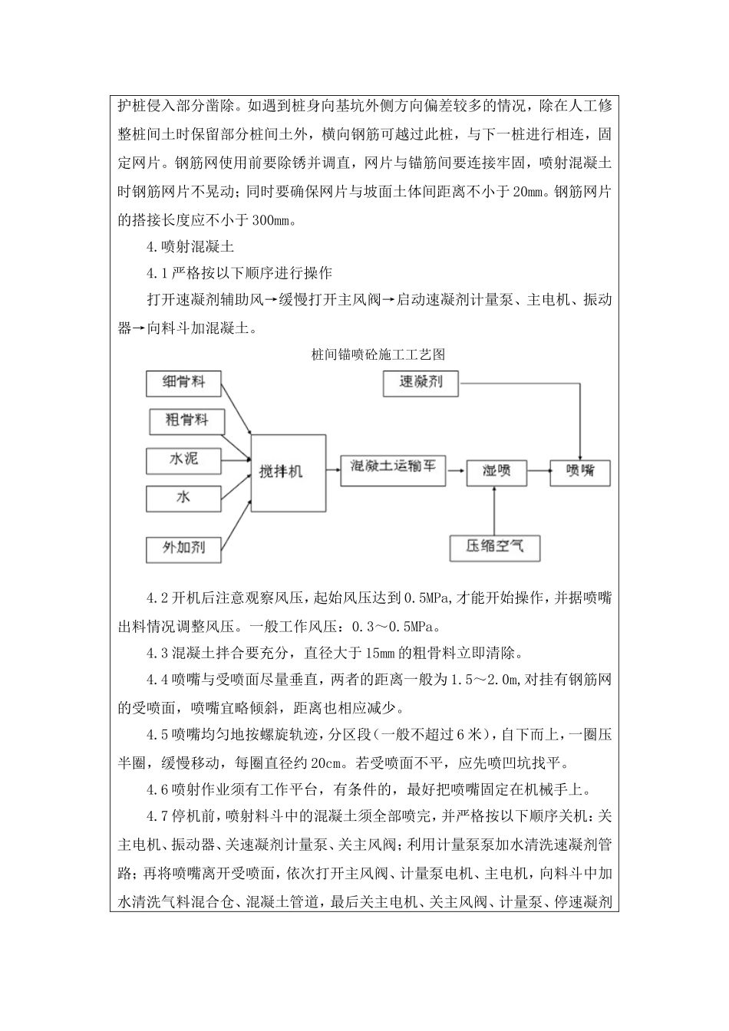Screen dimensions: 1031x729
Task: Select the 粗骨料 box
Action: coord(184,420)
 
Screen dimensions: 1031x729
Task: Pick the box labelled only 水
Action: coord(184,498)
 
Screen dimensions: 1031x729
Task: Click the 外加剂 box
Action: coord(184,548)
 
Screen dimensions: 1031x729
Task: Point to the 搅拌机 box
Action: coord(280,471)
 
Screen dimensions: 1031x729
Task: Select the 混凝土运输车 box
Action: coord(393,466)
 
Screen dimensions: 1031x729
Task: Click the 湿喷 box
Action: coord(496,470)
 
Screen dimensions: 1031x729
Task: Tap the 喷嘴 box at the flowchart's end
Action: coord(579,470)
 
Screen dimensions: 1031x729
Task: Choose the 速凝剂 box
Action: coord(421,381)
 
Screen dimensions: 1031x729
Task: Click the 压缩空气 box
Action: coord(495,547)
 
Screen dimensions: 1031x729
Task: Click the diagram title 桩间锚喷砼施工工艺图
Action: coord(378,355)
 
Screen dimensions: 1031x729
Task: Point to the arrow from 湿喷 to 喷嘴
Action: coord(538,469)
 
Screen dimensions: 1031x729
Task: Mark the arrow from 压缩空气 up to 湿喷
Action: coord(496,511)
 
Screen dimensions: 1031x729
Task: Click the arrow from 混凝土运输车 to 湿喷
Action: coord(456,467)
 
